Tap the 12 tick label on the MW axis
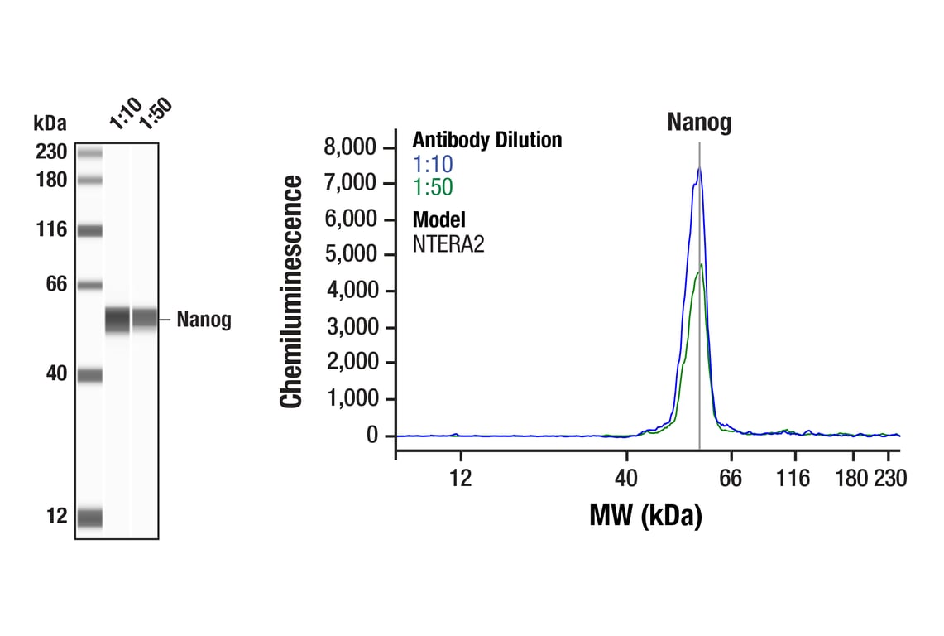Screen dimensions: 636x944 tap(460, 479)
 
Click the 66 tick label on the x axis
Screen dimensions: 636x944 tap(731, 479)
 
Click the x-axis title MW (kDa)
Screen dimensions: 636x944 tap(645, 516)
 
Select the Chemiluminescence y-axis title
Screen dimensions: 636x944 tap(291, 291)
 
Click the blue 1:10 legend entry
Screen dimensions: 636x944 tap(432, 164)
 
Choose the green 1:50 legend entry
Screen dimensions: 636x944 tap(432, 187)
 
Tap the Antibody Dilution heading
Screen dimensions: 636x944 tap(486, 140)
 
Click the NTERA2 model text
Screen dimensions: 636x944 tap(448, 244)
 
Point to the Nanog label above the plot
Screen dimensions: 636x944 tap(699, 123)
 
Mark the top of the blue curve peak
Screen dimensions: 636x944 tap(699, 168)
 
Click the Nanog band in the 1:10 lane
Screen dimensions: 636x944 tap(117, 319)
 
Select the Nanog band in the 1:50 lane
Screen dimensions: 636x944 tap(145, 318)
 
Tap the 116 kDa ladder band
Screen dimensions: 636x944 tap(89, 230)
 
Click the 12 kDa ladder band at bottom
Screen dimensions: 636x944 tap(89, 517)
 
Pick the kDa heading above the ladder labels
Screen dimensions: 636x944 tap(50, 124)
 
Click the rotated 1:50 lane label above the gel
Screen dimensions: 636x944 tap(154, 113)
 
